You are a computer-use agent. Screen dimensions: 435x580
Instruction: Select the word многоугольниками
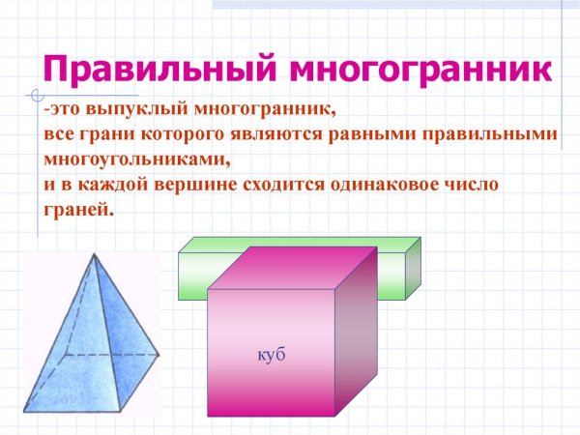click(135, 159)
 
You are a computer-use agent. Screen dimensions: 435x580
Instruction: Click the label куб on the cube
click(272, 356)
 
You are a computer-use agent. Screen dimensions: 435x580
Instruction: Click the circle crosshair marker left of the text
click(36, 96)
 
